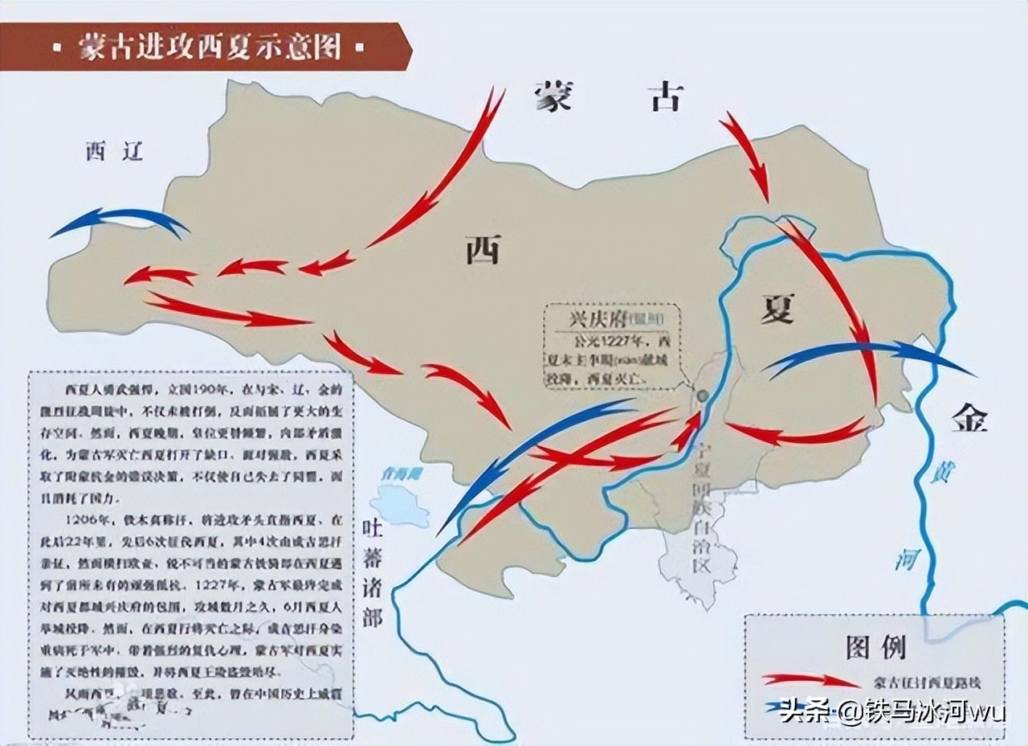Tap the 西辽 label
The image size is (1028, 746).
[x=115, y=151]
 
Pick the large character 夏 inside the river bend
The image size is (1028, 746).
[x=777, y=308]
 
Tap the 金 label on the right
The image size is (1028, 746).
[x=969, y=418]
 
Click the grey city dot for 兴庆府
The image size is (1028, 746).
[x=703, y=396]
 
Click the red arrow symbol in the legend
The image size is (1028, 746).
[x=811, y=681]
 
